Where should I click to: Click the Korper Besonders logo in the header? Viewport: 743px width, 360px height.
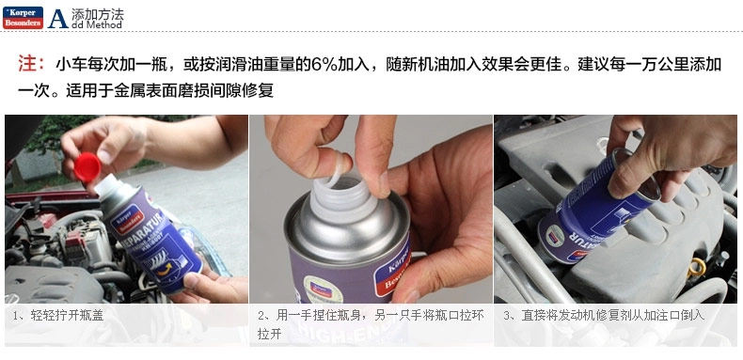(x=23, y=18)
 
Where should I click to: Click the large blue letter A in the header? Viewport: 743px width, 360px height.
(x=57, y=19)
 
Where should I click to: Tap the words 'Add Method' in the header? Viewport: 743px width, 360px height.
(x=98, y=24)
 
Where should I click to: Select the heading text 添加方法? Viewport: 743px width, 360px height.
(x=98, y=13)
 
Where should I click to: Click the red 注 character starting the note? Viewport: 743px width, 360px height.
(x=25, y=64)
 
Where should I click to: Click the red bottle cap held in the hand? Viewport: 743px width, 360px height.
(x=87, y=166)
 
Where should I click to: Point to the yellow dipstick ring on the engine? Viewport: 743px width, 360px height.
(x=697, y=268)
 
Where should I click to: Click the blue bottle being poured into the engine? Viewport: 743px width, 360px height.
(x=599, y=209)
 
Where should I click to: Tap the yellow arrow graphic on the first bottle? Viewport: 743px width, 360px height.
(x=164, y=270)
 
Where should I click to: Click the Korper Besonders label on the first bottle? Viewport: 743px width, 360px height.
(x=127, y=217)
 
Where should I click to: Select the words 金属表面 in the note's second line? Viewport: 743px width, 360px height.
(x=140, y=90)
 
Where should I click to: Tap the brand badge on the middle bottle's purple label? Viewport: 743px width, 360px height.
(x=392, y=271)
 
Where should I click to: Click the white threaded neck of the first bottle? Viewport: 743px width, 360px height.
(x=108, y=185)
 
